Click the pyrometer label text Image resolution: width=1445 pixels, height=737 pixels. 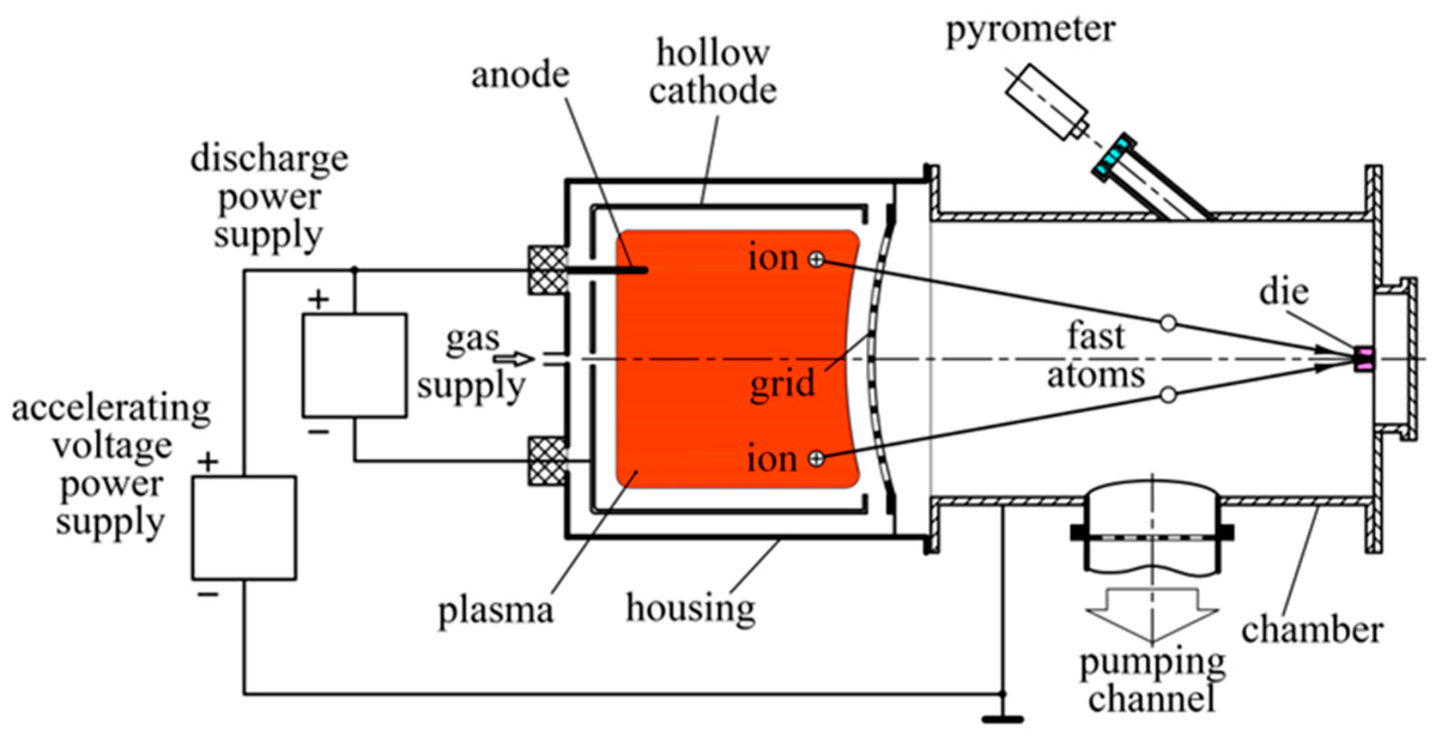click(1030, 29)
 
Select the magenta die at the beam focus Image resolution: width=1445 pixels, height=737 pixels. click(1364, 359)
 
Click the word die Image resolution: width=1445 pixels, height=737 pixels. click(1284, 293)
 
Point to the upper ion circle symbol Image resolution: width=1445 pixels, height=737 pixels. click(816, 259)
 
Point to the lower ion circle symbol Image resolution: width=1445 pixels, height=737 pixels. click(816, 459)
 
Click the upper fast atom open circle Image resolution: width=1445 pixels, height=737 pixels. click(1168, 323)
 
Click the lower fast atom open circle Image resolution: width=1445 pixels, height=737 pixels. click(1168, 395)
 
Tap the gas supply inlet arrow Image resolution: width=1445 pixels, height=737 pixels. click(514, 359)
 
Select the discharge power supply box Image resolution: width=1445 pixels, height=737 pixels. click(354, 365)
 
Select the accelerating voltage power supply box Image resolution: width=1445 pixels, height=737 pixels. click(244, 527)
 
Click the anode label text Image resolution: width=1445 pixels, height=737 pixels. click(520, 75)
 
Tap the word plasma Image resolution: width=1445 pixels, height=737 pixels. click(496, 611)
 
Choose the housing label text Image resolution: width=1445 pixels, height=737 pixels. click(690, 608)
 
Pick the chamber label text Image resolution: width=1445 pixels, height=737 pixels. click(1312, 630)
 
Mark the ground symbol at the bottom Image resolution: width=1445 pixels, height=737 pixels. click(1003, 718)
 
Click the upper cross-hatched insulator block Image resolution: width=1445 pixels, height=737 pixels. click(548, 271)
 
